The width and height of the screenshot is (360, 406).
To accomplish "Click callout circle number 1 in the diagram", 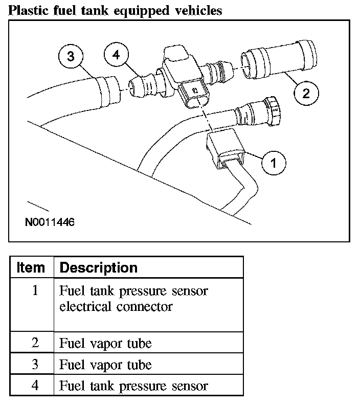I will tap(274, 164).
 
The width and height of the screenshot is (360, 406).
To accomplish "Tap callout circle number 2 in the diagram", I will tap(305, 94).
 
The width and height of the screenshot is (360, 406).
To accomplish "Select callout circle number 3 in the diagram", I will tap(71, 57).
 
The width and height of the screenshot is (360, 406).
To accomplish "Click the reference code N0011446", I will tap(50, 223).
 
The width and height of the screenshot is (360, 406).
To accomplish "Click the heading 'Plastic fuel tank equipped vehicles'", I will tap(116, 10).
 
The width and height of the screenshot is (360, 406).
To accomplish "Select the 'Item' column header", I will tap(31, 267).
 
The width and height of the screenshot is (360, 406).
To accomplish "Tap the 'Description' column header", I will tap(99, 267).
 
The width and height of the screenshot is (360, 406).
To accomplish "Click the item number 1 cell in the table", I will tap(35, 291).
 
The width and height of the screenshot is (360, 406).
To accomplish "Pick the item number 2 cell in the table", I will tap(35, 343).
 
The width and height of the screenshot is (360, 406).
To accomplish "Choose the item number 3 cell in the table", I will tap(35, 365).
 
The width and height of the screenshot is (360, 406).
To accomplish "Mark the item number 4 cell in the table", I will tap(35, 386).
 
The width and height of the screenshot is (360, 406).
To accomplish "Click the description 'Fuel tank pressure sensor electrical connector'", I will tap(133, 299).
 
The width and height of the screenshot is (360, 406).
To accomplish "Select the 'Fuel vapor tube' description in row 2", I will tap(106, 343).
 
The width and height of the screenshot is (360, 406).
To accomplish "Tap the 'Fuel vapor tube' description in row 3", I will tap(106, 365).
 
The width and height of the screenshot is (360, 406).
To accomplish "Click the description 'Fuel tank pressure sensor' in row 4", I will tap(133, 386).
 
